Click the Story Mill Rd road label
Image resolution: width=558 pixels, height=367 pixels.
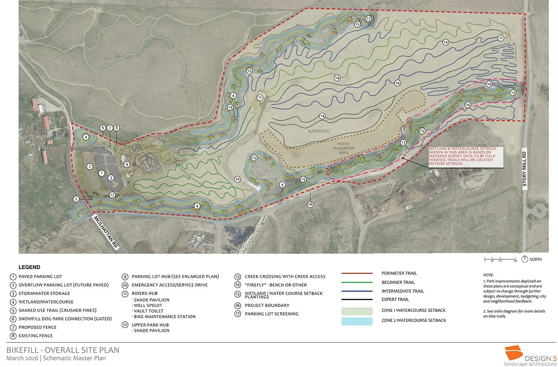tap(525, 170)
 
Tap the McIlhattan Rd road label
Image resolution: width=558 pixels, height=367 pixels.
tap(106, 231)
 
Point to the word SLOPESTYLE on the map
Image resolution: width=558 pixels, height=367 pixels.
tap(318, 132)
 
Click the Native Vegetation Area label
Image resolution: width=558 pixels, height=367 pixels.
tap(343, 148)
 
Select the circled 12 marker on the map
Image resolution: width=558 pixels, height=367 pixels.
tap(501, 38)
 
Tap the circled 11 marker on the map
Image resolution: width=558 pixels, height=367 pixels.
tap(260, 98)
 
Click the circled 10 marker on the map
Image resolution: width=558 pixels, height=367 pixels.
tap(237, 180)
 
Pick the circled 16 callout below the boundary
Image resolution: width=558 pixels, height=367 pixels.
tap(310, 204)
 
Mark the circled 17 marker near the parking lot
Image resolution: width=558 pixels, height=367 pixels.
tap(112, 195)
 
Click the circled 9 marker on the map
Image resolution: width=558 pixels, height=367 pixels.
tap(127, 164)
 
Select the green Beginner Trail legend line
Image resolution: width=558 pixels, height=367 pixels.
tap(357, 282)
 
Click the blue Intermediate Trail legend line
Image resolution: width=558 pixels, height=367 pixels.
tap(357, 291)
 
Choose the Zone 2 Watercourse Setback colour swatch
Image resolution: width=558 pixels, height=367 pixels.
tap(357, 321)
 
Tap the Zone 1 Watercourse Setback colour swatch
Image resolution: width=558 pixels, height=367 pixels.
tap(357, 311)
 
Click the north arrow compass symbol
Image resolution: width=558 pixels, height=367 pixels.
tap(525, 259)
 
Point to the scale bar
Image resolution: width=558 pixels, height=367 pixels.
tap(500, 259)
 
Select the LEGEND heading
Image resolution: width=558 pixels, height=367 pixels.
tap(29, 267)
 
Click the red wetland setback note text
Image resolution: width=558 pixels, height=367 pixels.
tap(463, 156)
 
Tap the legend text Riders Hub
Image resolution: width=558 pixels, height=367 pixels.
tap(144, 293)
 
